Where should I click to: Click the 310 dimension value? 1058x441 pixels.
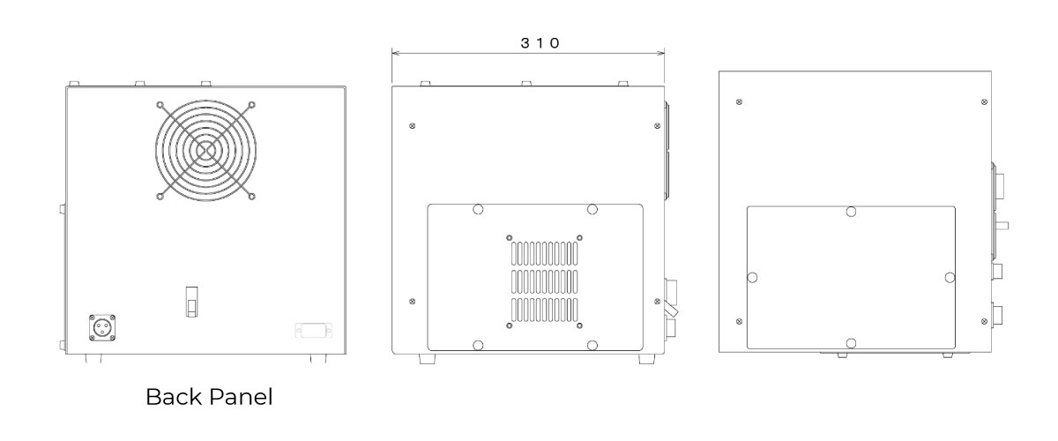click(x=540, y=43)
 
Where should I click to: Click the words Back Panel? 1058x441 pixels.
click(x=209, y=397)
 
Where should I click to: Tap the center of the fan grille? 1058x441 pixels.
click(x=206, y=150)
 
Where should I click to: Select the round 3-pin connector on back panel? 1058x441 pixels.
click(x=102, y=327)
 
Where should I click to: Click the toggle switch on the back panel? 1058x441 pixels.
click(x=191, y=302)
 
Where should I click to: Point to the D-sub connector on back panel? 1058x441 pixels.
click(x=314, y=331)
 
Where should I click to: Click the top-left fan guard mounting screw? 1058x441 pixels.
click(x=160, y=104)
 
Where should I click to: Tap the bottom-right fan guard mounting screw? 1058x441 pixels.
click(x=252, y=196)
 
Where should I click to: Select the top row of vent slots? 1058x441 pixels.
click(x=544, y=253)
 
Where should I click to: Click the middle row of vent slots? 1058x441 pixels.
click(x=544, y=281)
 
